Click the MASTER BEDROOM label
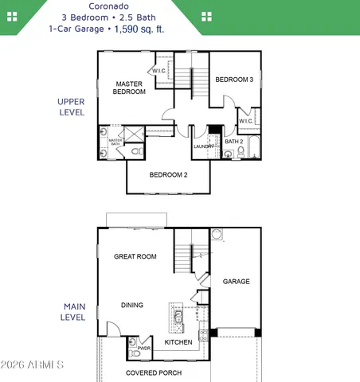[130, 88]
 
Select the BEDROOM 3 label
[234, 80]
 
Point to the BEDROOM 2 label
[168, 175]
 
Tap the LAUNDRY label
[203, 146]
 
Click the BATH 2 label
[234, 142]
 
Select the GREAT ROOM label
[135, 257]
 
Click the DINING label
[132, 305]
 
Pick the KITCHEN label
[178, 342]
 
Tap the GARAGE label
[237, 282]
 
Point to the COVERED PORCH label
[154, 372]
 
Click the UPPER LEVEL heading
[71, 107]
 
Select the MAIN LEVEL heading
[73, 311]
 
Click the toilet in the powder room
[134, 345]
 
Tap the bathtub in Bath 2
[253, 149]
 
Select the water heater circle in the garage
[217, 235]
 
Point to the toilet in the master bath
[136, 150]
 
